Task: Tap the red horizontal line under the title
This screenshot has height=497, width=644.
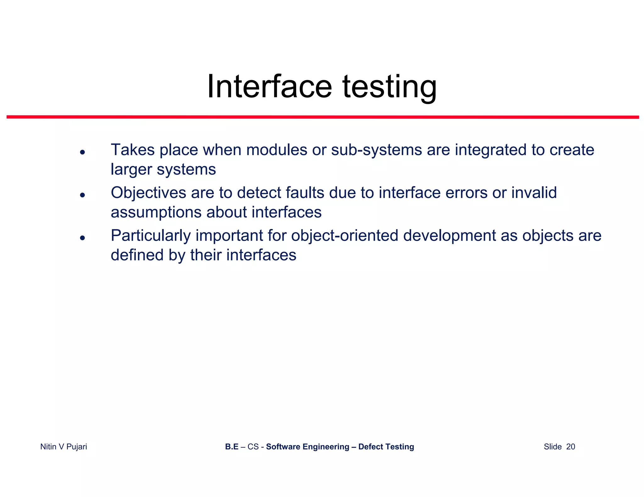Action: (x=323, y=117)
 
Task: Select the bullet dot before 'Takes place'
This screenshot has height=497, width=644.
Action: (x=82, y=152)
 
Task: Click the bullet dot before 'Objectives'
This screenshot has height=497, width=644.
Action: (x=82, y=195)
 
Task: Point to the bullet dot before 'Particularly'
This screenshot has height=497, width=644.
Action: (x=82, y=238)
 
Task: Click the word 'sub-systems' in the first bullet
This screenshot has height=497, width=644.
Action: (x=376, y=150)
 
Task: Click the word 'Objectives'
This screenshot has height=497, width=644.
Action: (x=148, y=193)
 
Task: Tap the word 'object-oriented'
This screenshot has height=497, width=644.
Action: (x=345, y=236)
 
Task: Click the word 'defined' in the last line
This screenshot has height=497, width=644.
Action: (x=137, y=255)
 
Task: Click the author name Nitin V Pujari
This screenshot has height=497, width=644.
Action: (x=64, y=447)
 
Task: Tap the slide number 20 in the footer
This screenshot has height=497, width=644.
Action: (x=570, y=447)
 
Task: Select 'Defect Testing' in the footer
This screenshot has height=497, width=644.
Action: (x=386, y=447)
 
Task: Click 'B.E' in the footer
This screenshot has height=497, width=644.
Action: (x=231, y=447)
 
